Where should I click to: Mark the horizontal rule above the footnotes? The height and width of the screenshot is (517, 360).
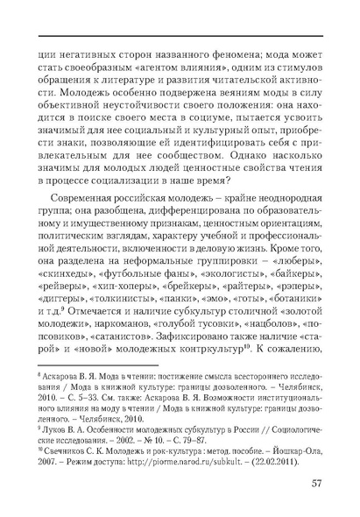coord(87,365)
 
